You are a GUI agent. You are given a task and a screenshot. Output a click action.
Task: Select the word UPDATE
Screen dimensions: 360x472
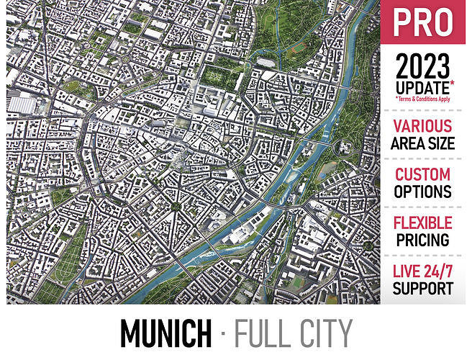[x=422, y=87]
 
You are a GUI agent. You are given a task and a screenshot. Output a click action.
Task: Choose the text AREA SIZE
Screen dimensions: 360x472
[x=423, y=143]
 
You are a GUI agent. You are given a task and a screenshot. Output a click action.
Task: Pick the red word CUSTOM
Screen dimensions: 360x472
[x=423, y=175]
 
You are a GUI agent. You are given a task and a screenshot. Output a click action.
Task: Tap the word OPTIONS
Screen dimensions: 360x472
[x=423, y=192]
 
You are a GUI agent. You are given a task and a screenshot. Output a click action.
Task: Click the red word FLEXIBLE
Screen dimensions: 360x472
[x=423, y=223]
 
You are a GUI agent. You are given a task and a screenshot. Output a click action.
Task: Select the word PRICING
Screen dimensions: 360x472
[x=423, y=240]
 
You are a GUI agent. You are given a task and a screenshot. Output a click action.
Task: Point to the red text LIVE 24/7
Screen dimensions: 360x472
[x=423, y=272]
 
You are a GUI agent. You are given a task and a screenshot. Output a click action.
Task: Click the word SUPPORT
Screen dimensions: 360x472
[x=423, y=289]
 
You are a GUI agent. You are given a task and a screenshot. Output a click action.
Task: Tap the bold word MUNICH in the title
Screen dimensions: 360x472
[x=165, y=333]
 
